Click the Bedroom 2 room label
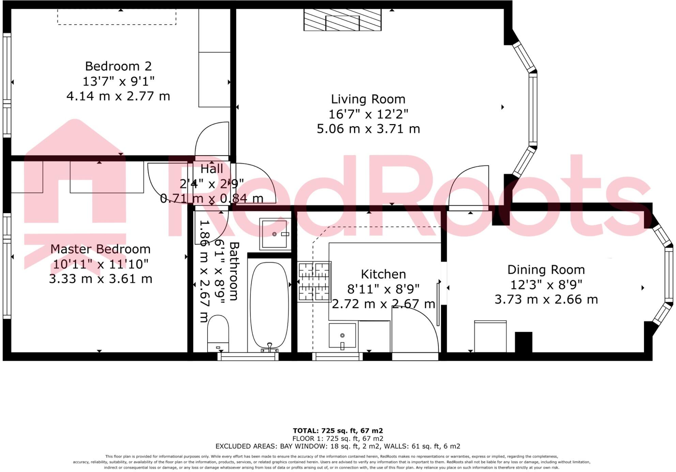tap(118, 66)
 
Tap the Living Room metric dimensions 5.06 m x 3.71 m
tap(368, 129)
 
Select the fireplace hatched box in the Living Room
tap(342, 20)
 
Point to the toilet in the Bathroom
tap(218, 333)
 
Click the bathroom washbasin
tap(274, 234)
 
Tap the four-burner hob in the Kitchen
tap(314, 282)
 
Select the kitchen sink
tap(342, 336)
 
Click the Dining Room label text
tap(546, 270)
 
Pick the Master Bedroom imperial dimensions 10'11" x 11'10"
tap(101, 264)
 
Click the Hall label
tap(212, 169)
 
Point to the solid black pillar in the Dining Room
tap(523, 342)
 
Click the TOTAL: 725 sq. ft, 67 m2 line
tap(338, 431)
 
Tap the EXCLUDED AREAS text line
tap(338, 446)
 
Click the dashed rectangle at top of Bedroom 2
tap(117, 17)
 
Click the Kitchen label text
tap(383, 274)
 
